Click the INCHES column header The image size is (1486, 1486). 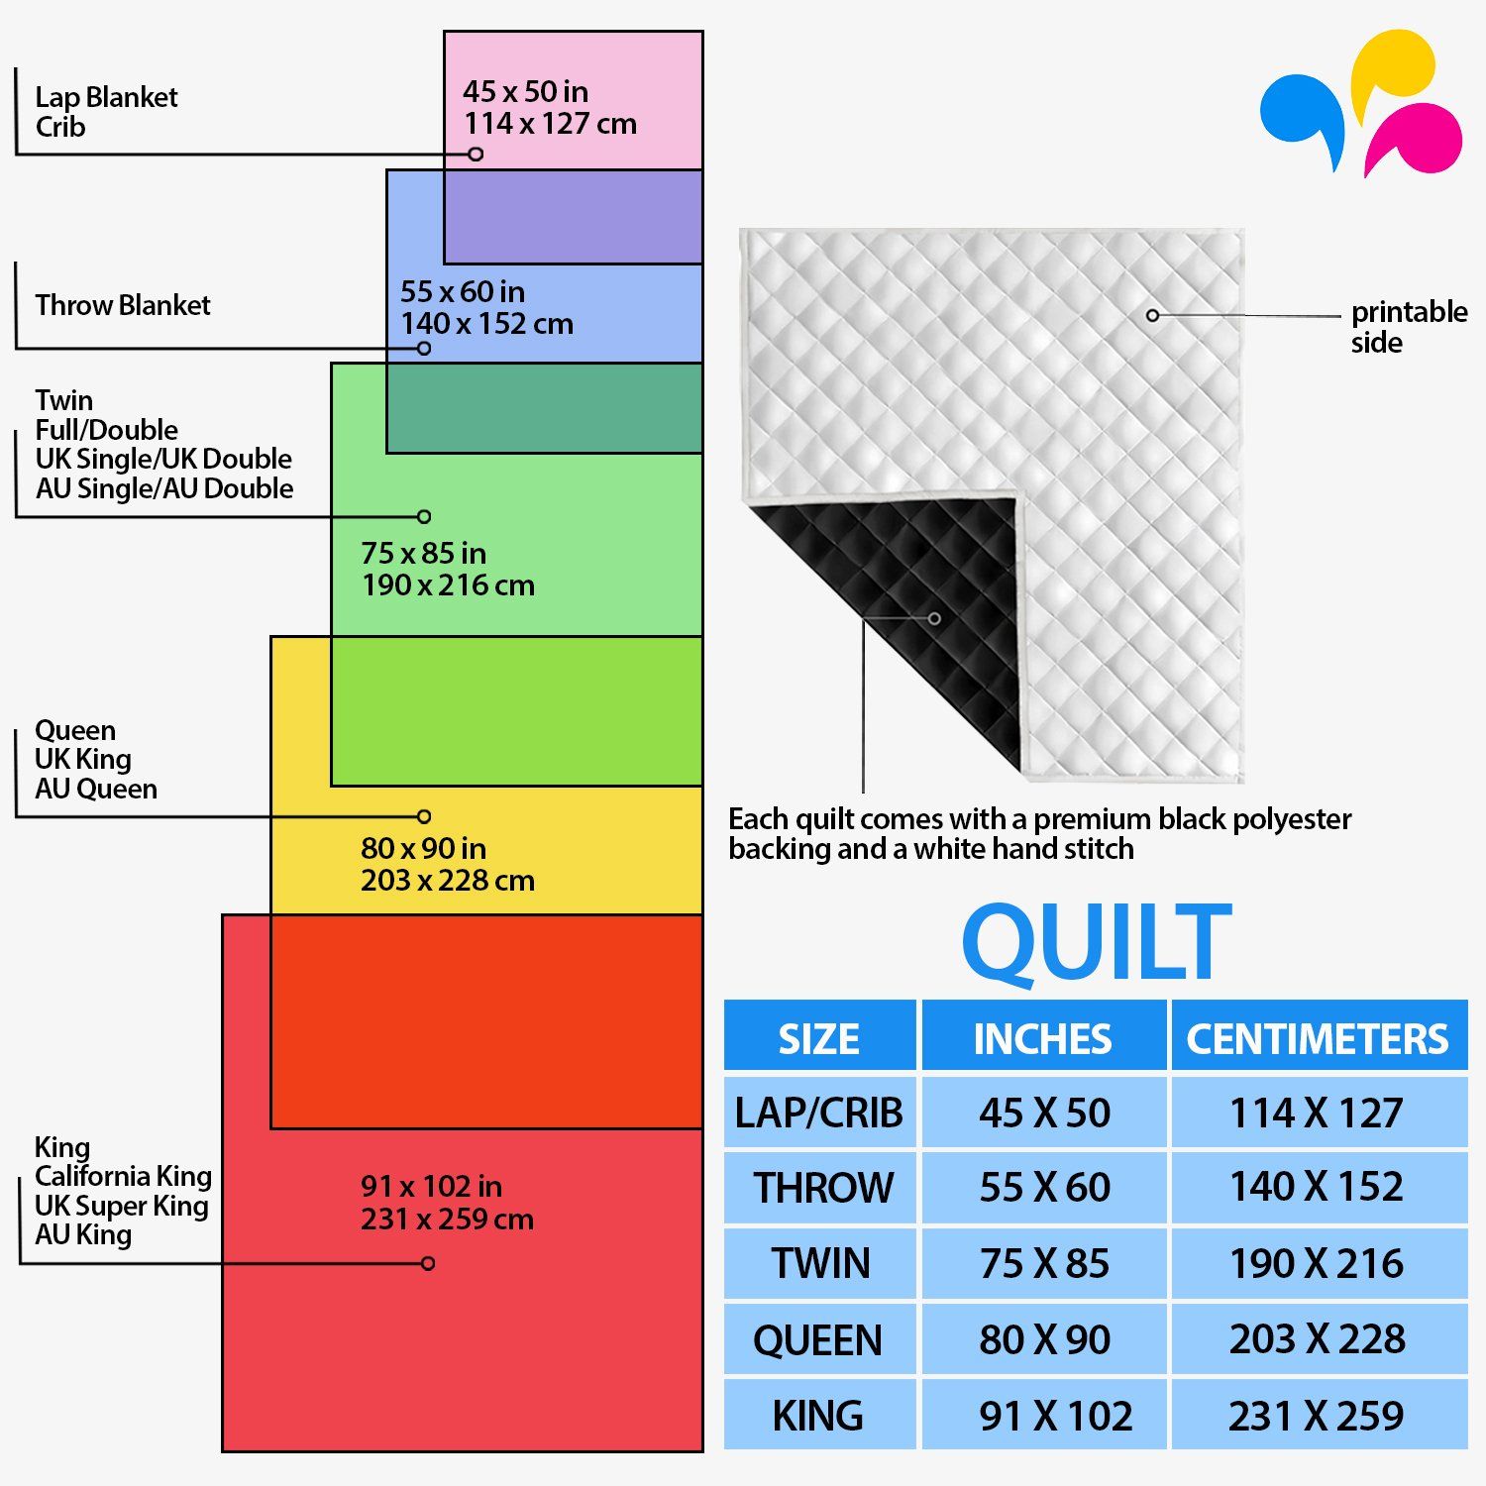tap(1043, 1038)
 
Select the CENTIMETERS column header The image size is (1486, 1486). tap(1318, 1038)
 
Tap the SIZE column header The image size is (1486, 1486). tap(818, 1038)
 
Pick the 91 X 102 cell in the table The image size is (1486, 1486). tap(1055, 1416)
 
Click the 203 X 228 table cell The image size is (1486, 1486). tap(1318, 1338)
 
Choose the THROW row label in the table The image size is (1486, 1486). tap(823, 1187)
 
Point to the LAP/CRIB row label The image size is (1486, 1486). tap(818, 1113)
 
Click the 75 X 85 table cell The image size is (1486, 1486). tap(1044, 1263)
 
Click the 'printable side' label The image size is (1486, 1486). tap(1409, 327)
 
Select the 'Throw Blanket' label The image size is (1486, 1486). tap(123, 305)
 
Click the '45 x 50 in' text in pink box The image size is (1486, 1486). tap(525, 91)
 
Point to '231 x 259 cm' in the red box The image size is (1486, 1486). tap(447, 1219)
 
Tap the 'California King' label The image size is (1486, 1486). tap(123, 1176)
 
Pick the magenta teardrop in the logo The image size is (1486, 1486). tap(1415, 139)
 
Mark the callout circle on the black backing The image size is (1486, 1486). tap(934, 618)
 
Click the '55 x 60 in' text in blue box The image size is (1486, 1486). tap(463, 291)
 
